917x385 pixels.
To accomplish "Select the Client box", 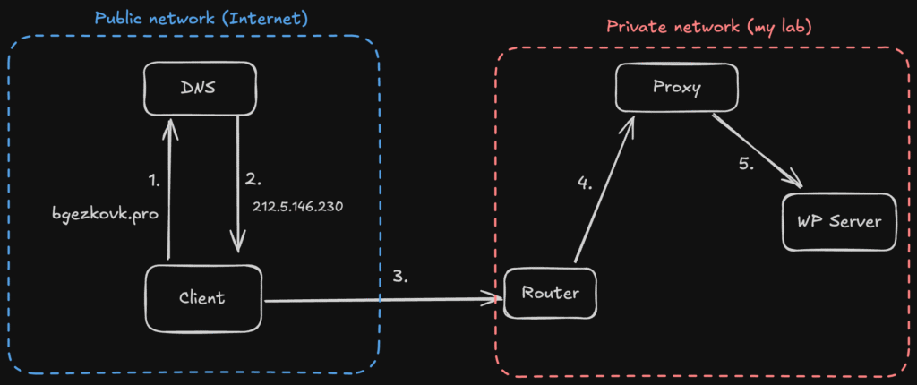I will [203, 297].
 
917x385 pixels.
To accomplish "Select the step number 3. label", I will [399, 277].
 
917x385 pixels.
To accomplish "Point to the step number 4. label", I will [584, 185].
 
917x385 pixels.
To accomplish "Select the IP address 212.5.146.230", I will [298, 207].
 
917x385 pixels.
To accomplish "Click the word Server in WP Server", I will [853, 222].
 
